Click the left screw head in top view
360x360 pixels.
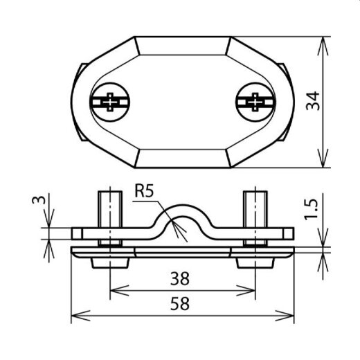click(109, 103)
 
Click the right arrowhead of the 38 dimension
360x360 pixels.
click(252, 289)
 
